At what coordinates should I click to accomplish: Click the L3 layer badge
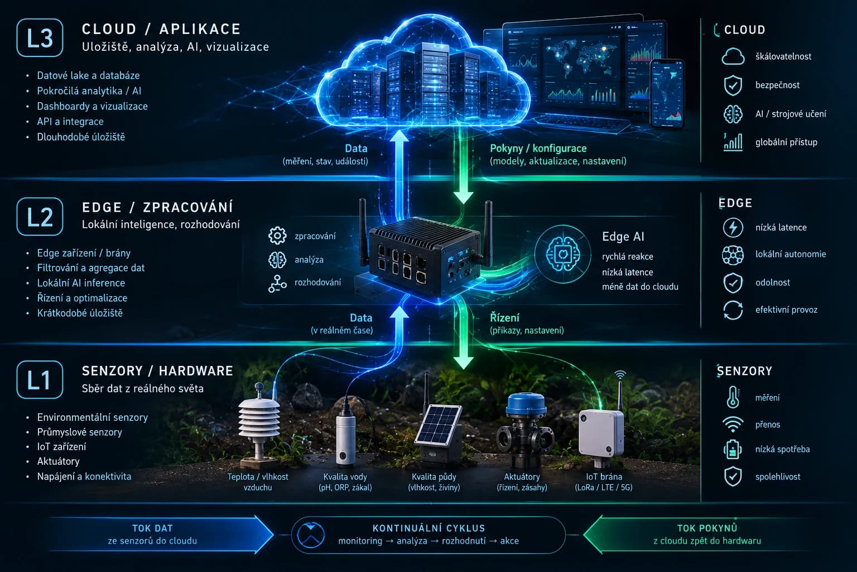click(40, 37)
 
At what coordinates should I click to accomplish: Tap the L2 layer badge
click(40, 217)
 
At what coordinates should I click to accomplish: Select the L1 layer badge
click(40, 380)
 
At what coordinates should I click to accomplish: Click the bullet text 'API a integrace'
click(70, 121)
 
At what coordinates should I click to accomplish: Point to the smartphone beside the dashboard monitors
click(668, 93)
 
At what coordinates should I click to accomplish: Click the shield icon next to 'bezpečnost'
click(733, 85)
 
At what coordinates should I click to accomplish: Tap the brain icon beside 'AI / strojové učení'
click(733, 114)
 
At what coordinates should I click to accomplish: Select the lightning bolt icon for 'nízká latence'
click(733, 227)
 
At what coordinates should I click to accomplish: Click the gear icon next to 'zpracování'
click(277, 236)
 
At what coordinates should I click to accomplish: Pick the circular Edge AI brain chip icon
click(563, 254)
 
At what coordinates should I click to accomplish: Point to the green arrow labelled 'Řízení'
click(463, 333)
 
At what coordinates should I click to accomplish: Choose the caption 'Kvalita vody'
click(345, 476)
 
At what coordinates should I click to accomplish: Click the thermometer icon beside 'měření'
click(733, 397)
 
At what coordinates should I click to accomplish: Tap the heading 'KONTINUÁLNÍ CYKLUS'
click(428, 528)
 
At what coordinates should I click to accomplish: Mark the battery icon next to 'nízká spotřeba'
click(733, 449)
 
